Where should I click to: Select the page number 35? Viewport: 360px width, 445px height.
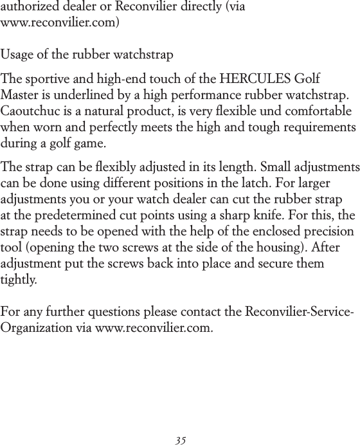click(181, 440)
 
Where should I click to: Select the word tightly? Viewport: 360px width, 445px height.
click(19, 280)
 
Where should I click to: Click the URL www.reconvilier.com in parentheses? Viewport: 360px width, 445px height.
click(59, 23)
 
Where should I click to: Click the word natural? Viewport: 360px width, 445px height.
click(105, 111)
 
